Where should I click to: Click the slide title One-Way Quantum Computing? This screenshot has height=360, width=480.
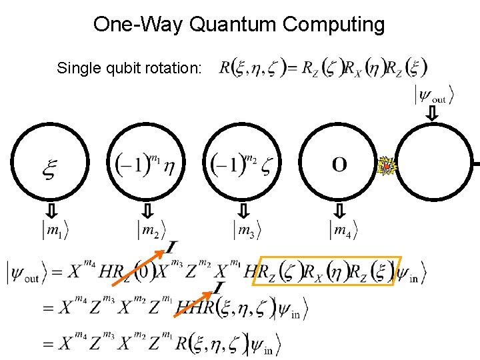coord(239,25)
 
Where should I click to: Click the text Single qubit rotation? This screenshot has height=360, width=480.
coord(129,68)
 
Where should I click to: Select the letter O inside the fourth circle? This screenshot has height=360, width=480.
coord(339,164)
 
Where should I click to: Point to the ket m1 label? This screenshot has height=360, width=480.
coord(55,231)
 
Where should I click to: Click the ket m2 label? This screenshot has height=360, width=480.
coord(151,231)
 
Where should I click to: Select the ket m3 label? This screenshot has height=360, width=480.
coord(247,231)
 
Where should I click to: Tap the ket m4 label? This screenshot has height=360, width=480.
coord(343,231)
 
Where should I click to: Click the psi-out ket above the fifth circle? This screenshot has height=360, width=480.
coord(434,95)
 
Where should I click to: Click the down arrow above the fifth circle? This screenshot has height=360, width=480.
coord(433,114)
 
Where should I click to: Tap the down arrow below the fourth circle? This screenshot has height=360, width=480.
coord(339,211)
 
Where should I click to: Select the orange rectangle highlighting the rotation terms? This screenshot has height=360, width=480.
coord(327,271)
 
